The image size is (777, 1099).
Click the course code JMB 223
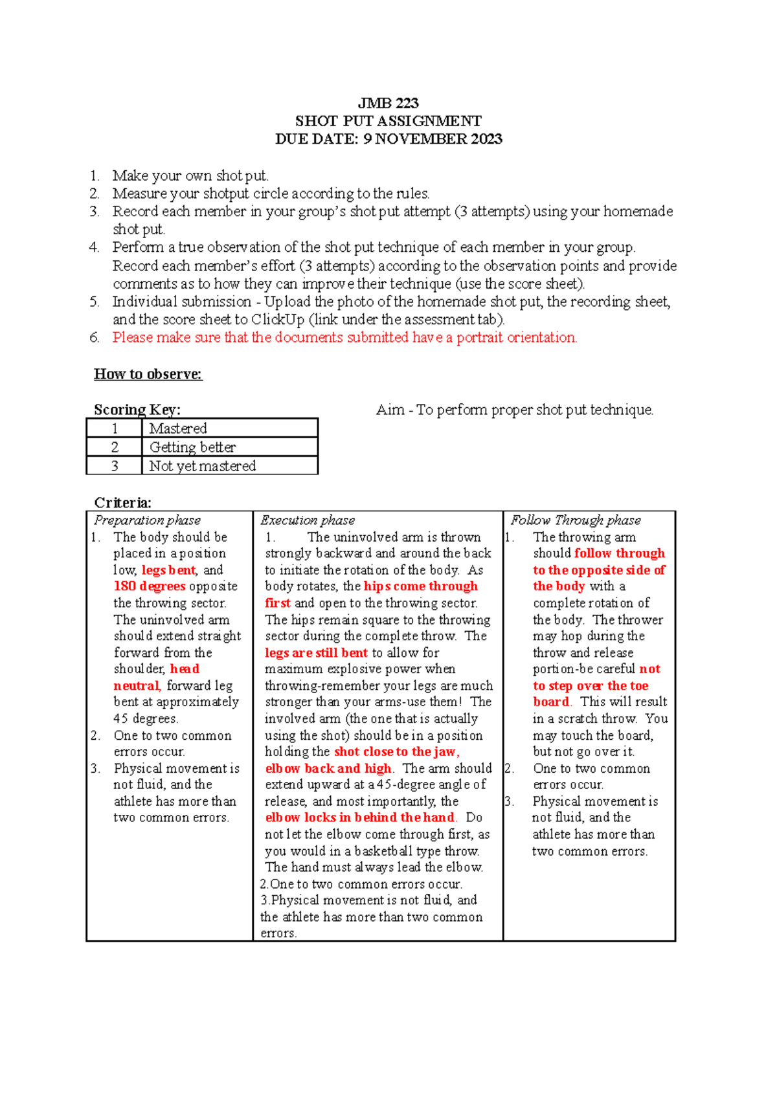pos(388,103)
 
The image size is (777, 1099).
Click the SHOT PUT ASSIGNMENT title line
pos(388,121)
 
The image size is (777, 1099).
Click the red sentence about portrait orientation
pos(344,337)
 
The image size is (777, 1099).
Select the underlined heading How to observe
pos(148,374)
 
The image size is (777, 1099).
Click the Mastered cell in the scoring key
pos(178,428)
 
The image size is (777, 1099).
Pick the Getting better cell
pos(192,447)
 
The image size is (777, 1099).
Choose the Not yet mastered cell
pos(202,466)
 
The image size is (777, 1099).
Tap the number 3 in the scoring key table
pos(115,466)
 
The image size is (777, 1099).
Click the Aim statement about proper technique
pos(515,410)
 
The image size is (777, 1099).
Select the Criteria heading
pos(122,503)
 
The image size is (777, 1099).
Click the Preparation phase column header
pos(147,520)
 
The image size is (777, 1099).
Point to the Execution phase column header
pos(308,520)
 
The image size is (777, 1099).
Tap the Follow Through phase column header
pos(575,520)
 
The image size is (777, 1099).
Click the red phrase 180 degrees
pos(150,586)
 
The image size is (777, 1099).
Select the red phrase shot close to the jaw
pos(396,751)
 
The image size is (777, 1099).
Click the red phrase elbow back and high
pos(328,768)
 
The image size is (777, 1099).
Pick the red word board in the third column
pos(551,702)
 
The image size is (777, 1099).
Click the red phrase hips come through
pos(420,586)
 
